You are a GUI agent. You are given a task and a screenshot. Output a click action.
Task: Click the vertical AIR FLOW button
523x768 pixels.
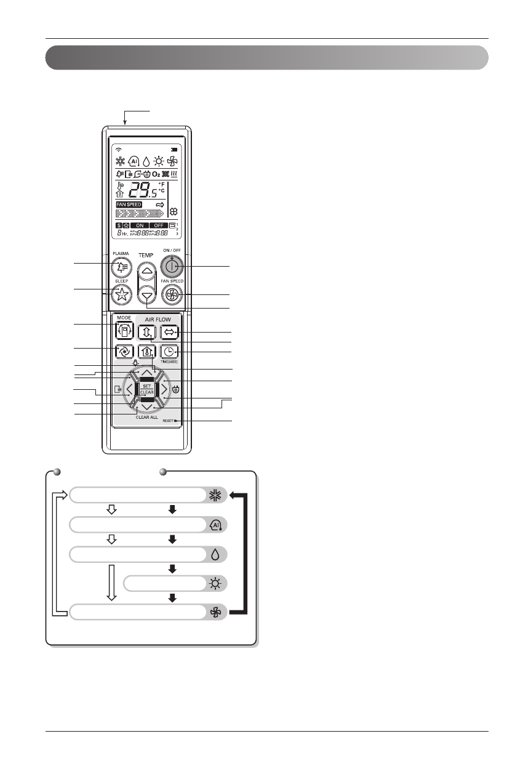[146, 333]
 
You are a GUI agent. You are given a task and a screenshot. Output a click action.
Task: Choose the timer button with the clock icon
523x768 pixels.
[169, 352]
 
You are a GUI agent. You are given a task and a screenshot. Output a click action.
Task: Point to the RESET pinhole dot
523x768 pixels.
[175, 421]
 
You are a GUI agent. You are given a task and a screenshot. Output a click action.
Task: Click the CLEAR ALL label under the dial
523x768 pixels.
[146, 418]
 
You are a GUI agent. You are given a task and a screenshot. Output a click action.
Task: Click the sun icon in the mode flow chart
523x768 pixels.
[215, 583]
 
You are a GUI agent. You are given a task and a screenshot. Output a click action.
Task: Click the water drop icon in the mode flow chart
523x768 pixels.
[215, 554]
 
